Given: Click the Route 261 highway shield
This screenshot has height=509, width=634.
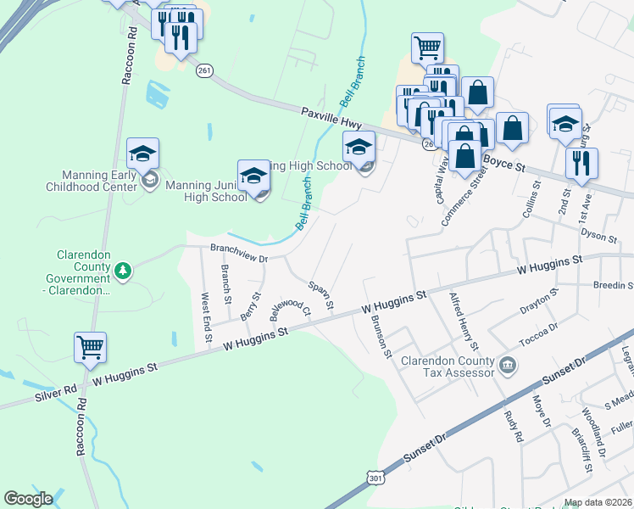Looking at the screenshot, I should coord(203,72).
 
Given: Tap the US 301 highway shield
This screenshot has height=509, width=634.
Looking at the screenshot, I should coord(375,479).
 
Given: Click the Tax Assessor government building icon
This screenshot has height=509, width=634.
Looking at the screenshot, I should coord(507,366).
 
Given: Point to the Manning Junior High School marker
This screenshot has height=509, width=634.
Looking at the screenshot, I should coord(253,176).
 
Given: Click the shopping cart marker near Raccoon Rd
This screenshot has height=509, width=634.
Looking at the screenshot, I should coord(90,347).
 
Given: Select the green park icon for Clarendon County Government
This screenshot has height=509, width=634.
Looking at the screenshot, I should coord(124,271).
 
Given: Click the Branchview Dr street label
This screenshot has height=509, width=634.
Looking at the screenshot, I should coord(238,250).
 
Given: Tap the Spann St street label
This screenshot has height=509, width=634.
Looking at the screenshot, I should coord(322,294).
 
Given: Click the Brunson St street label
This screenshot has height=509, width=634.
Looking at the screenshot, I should coord(379,336).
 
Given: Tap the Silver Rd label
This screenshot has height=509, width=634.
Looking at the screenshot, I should coord(57,394).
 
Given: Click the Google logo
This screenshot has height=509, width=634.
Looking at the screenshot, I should coord(28,498).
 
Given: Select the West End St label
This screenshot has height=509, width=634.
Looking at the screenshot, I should coord(206,318).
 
